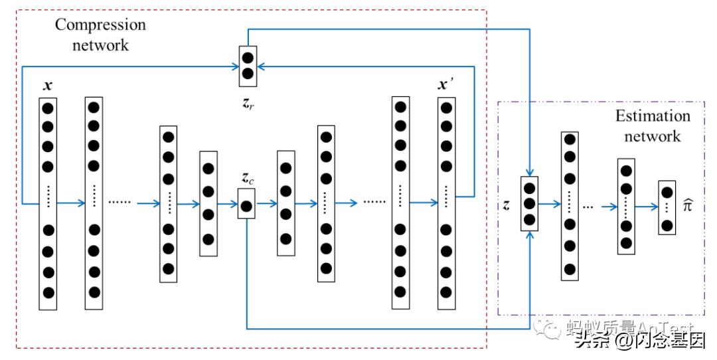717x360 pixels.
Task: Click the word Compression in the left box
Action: click(x=100, y=25)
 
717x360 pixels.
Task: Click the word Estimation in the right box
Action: click(x=653, y=116)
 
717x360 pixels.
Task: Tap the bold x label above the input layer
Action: click(x=47, y=86)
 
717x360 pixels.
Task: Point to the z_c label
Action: click(x=247, y=179)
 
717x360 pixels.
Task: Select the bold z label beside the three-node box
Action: click(x=507, y=205)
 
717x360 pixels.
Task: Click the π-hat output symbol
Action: click(x=689, y=206)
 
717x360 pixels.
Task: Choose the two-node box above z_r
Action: click(x=247, y=66)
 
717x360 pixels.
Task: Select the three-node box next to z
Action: click(x=529, y=204)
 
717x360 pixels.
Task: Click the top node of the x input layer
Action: click(x=48, y=107)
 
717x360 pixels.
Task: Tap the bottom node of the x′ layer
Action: click(x=446, y=292)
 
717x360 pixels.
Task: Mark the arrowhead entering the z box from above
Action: click(x=529, y=173)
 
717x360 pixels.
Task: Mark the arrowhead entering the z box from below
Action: click(x=529, y=235)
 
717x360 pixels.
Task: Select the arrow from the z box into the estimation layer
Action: click(x=549, y=205)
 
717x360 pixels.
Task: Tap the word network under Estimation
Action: click(x=653, y=136)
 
